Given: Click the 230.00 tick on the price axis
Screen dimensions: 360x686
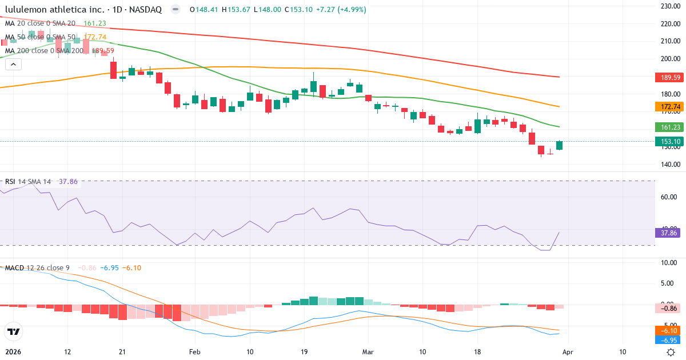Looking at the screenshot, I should (x=669, y=6).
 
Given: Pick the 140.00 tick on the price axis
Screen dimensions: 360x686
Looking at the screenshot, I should (x=669, y=165).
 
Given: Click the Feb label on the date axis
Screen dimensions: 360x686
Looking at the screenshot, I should (x=196, y=352).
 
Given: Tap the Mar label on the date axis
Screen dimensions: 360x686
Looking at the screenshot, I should (x=368, y=352).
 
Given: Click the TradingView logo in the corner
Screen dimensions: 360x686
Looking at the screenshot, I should (x=13, y=331).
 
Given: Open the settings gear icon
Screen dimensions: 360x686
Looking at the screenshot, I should (x=672, y=352).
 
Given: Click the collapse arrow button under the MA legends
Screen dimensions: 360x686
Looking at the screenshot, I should (x=13, y=65).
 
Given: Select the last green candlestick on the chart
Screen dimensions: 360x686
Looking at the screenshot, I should (x=559, y=145).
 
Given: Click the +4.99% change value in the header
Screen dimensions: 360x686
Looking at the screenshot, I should (x=354, y=10).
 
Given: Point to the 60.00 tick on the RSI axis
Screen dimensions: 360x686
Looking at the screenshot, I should (x=669, y=197).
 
